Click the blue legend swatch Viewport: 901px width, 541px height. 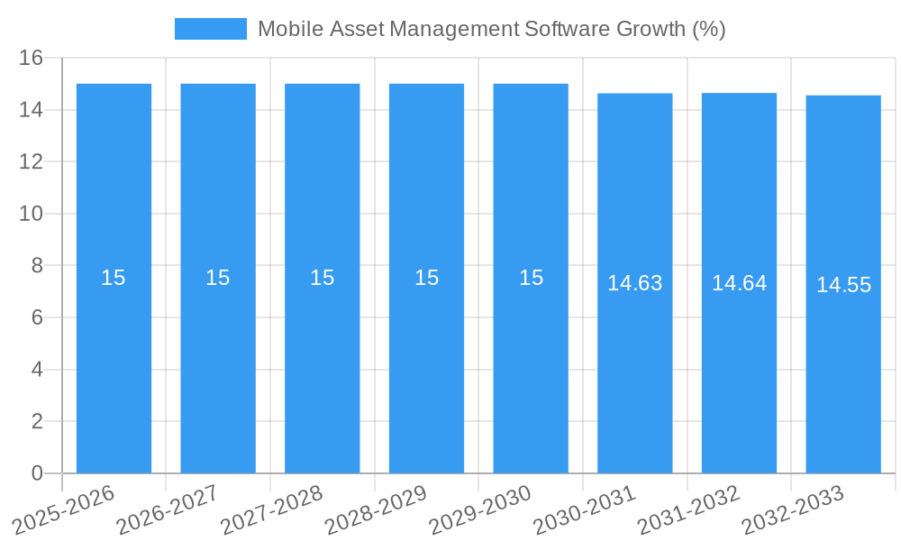pyautogui.click(x=210, y=29)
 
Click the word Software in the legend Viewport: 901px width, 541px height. pyautogui.click(x=565, y=29)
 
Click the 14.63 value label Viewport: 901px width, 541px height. pyautogui.click(x=634, y=283)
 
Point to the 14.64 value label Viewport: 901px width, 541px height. pyautogui.click(x=739, y=283)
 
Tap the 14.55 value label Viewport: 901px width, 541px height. pyautogui.click(x=843, y=285)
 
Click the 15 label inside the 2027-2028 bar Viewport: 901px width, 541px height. pyautogui.click(x=322, y=278)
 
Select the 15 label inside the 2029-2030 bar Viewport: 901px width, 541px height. pyautogui.click(x=531, y=278)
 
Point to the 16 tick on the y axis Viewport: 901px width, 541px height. pyautogui.click(x=31, y=58)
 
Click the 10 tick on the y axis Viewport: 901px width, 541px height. pyautogui.click(x=31, y=214)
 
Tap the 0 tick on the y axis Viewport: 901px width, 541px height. pyautogui.click(x=37, y=473)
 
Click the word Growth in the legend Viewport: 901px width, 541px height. pyautogui.click(x=650, y=29)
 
